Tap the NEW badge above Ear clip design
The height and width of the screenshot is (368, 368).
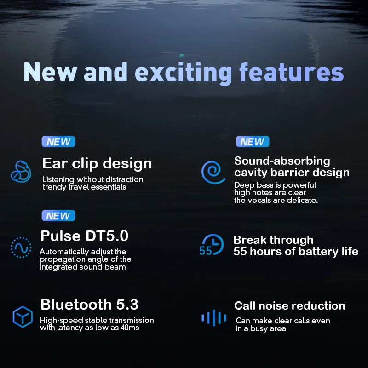(58, 142)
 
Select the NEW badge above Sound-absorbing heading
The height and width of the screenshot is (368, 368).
(253, 142)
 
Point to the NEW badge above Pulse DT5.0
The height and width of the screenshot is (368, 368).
(58, 216)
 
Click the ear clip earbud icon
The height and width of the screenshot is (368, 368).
(21, 171)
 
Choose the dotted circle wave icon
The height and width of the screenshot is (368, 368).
(21, 247)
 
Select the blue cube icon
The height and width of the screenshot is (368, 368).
(22, 316)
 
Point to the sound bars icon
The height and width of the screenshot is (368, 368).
(214, 317)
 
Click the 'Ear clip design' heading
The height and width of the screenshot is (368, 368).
(97, 163)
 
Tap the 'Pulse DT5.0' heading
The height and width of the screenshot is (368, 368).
(84, 236)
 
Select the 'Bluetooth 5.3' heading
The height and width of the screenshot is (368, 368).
(89, 305)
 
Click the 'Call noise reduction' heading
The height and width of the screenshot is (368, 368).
(289, 306)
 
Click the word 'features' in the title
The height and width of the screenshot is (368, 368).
(291, 73)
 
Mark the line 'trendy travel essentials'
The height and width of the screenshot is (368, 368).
(84, 187)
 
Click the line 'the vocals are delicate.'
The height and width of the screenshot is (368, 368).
(276, 201)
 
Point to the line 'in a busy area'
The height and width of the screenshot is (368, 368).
(261, 329)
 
